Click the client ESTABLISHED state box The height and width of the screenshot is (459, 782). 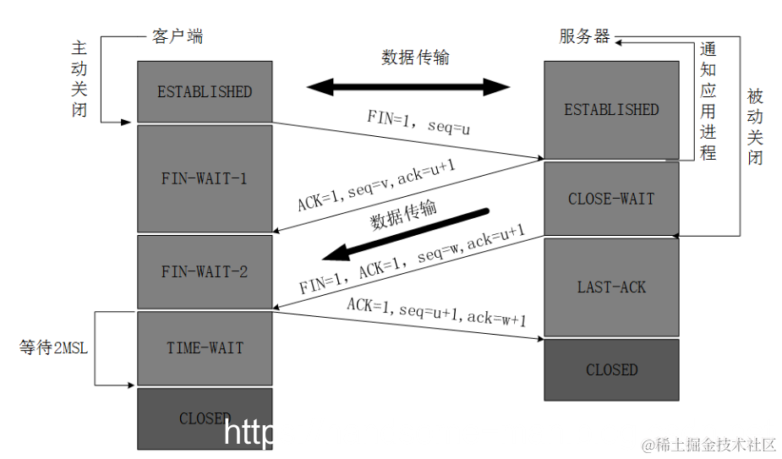pos(205,91)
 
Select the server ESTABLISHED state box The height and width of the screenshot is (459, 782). pos(610,109)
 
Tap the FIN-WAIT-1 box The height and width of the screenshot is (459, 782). pos(205,178)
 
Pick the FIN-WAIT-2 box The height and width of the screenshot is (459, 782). pos(205,271)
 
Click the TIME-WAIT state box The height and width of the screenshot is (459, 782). pos(205,347)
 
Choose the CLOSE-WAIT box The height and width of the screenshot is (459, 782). pos(610,199)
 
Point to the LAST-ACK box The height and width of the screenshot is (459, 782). pos(610,287)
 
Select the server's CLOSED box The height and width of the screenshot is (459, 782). pos(610,369)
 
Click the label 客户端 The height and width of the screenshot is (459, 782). pos(178,36)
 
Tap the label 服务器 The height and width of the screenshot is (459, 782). pos(584,36)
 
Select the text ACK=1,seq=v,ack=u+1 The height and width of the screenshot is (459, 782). pos(376,187)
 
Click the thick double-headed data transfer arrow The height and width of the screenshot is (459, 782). pos(408,86)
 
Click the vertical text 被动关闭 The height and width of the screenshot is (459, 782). pos(754,127)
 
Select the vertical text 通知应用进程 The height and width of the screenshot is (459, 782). pos(708,101)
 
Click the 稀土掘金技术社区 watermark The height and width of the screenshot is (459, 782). pos(714,444)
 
